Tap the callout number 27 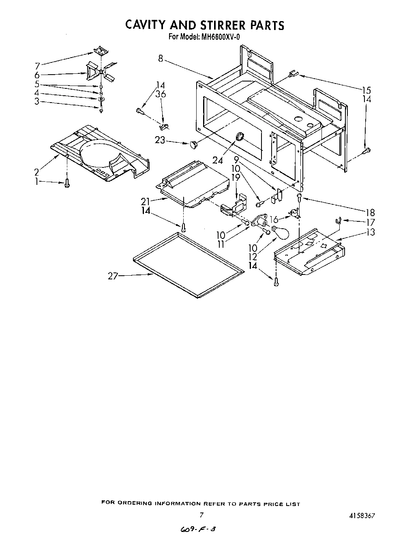(x=113, y=276)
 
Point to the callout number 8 (x=161, y=59)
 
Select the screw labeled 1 (x=67, y=184)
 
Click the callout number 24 (x=218, y=160)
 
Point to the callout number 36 (x=161, y=94)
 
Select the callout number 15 (x=366, y=90)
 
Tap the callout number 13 (x=370, y=232)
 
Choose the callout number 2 (x=37, y=172)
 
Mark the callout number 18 (x=370, y=212)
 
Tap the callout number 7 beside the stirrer (x=37, y=66)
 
